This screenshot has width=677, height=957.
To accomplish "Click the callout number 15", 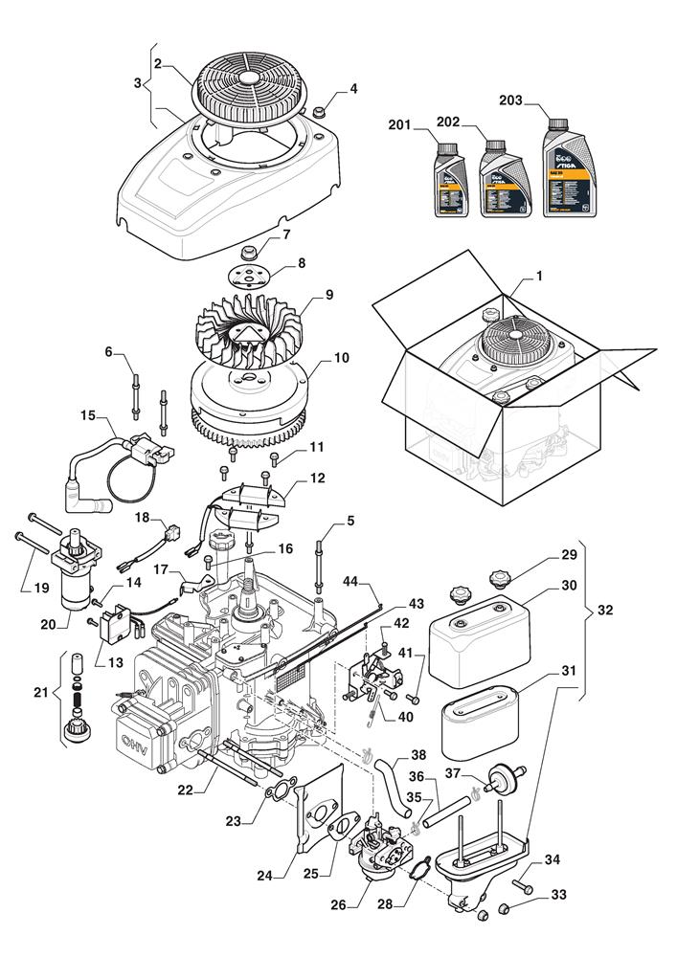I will coord(88,415).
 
